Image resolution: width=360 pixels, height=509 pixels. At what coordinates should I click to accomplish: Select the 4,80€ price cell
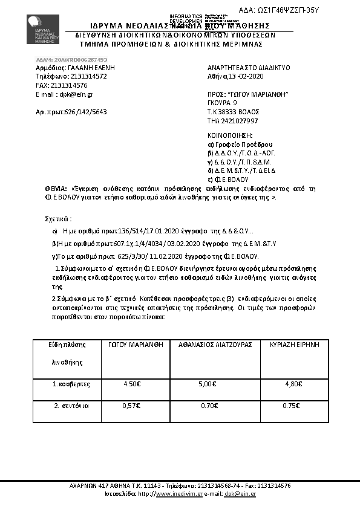(x=292, y=384)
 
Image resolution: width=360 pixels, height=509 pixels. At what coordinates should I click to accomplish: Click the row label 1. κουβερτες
(x=71, y=384)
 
